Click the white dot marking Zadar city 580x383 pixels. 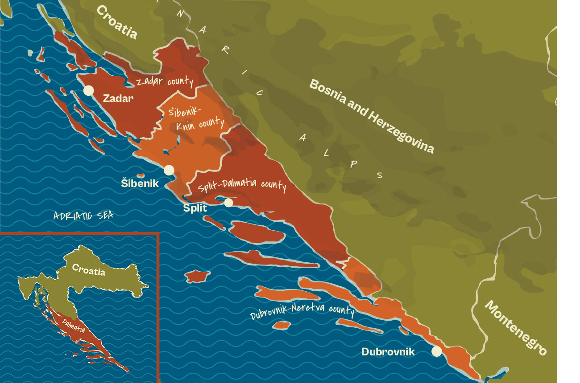tap(88, 90)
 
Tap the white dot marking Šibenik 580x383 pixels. tap(169, 170)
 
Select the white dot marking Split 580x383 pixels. tap(228, 203)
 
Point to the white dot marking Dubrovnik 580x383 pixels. tap(436, 351)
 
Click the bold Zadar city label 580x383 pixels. tap(118, 98)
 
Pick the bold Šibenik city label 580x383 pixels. tap(140, 183)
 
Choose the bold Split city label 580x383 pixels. tap(195, 208)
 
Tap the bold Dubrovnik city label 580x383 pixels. tap(388, 352)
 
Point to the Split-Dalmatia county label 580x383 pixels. tap(241, 184)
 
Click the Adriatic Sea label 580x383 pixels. tap(83, 216)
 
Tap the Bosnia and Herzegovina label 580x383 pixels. tap(371, 116)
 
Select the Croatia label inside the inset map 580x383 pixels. tap(88, 270)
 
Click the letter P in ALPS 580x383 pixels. tap(354, 164)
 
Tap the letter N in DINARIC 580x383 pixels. tap(180, 13)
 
